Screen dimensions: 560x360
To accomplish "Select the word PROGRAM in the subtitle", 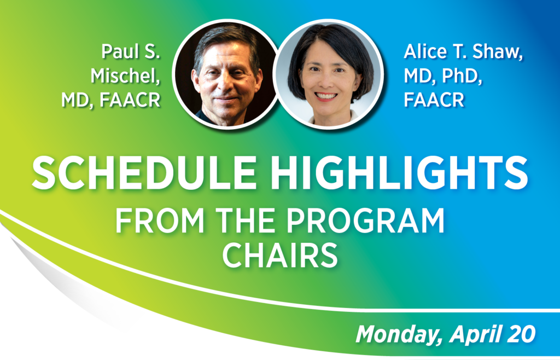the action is pos(365,220).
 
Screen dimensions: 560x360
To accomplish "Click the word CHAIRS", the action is pos(280,255).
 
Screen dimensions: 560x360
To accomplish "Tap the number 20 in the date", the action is pos(522,334).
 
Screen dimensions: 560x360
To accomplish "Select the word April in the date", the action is pos(475,335).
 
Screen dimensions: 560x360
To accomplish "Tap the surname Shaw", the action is pos(498,53).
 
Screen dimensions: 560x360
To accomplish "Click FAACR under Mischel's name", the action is pos(130,100).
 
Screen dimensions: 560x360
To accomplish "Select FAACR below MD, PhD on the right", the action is pos(434,100).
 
